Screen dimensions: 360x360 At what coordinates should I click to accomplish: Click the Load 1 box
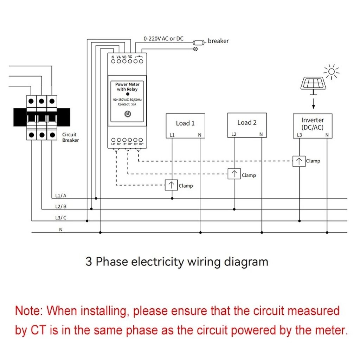coord(185,126)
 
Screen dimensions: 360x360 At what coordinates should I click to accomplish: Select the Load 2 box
coord(247,125)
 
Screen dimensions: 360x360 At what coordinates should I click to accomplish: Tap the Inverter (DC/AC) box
coord(313,126)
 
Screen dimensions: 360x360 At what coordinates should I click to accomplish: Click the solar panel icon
coord(313,83)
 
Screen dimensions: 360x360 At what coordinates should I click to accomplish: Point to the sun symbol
coord(331,72)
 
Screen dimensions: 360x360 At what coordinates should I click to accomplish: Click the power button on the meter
coord(128,114)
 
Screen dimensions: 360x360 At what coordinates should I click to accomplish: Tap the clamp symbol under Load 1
coord(171,185)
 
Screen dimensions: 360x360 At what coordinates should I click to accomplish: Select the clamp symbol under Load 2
coord(234,174)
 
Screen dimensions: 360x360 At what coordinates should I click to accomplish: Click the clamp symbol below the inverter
coord(299,161)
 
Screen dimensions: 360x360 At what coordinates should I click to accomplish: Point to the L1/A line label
coord(60,195)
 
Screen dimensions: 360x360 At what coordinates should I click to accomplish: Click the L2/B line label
coord(60,206)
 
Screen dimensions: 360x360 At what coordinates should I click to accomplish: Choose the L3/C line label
coord(60,218)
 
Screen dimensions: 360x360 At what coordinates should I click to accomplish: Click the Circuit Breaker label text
coord(70,137)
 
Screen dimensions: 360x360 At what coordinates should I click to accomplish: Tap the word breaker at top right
coord(218,41)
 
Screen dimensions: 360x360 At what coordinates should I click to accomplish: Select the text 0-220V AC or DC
coord(163,38)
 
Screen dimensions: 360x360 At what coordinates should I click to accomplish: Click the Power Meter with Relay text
coord(127,87)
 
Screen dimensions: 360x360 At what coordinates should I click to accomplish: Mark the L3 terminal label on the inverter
coord(299,135)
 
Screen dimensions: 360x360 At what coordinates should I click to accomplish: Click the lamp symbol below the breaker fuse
coord(195,49)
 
